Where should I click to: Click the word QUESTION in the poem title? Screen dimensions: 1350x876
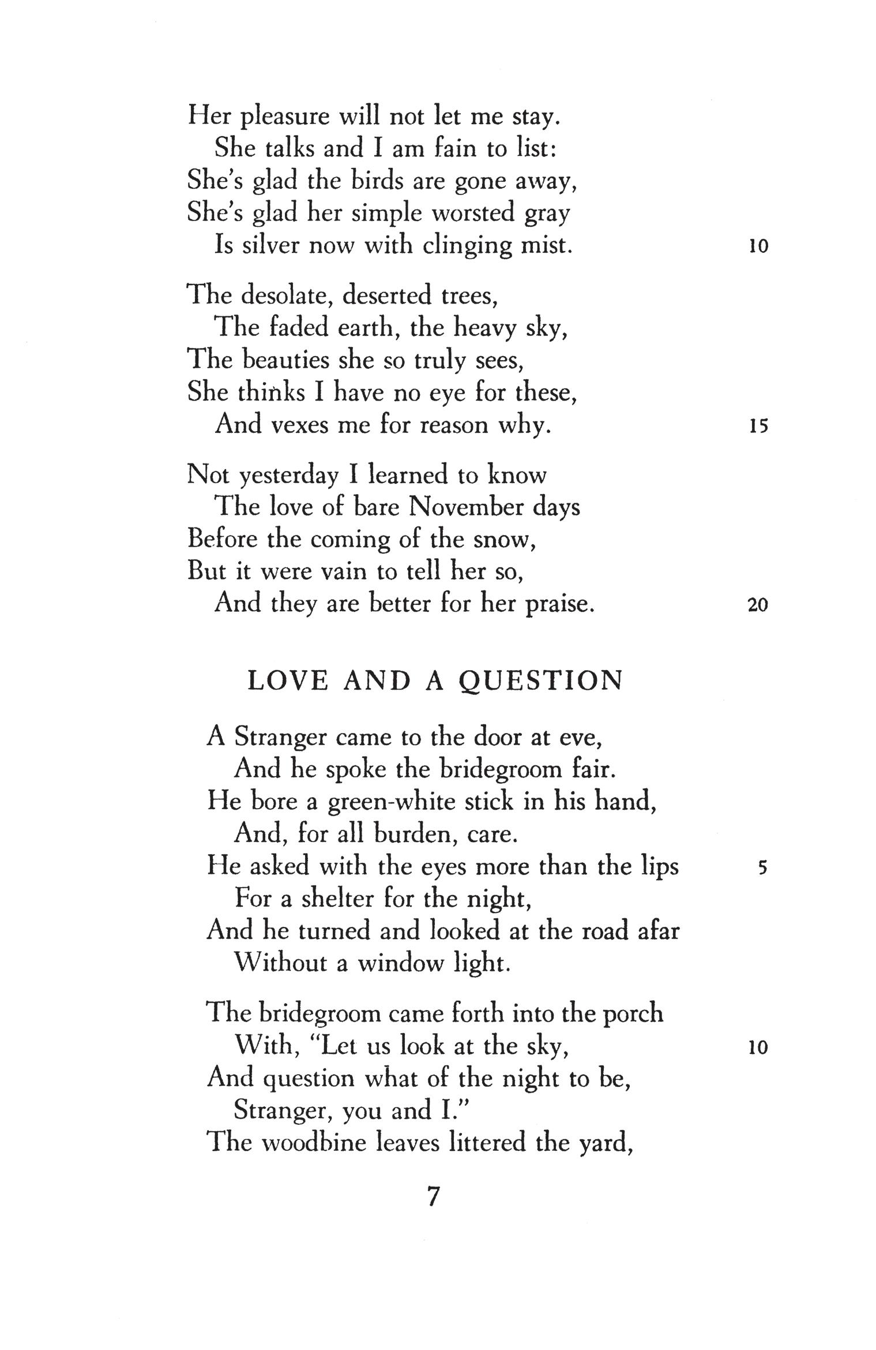click(x=541, y=682)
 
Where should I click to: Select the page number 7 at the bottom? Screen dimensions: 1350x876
click(x=434, y=1196)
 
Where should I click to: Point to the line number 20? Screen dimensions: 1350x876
click(x=758, y=605)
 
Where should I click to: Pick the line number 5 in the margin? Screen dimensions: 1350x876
click(x=763, y=868)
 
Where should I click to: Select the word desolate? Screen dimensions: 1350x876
click(x=285, y=296)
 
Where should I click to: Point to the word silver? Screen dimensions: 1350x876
click(x=270, y=246)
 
